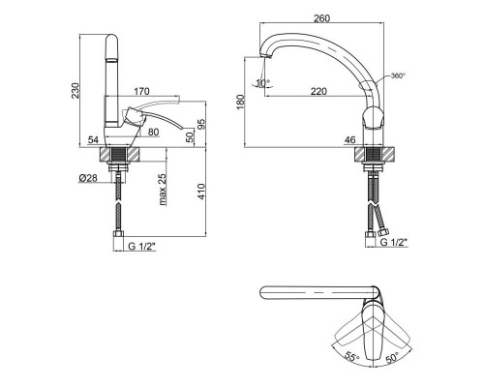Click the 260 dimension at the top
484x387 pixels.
click(x=322, y=18)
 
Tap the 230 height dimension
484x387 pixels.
click(x=75, y=91)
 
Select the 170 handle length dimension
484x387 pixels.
click(x=141, y=91)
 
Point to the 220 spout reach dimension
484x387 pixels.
click(x=318, y=91)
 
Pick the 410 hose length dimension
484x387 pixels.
click(x=201, y=192)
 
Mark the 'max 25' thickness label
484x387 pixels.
click(x=163, y=190)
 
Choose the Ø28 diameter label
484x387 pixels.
click(x=88, y=178)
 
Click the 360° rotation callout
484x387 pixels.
click(x=398, y=75)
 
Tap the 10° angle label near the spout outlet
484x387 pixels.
click(x=262, y=83)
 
